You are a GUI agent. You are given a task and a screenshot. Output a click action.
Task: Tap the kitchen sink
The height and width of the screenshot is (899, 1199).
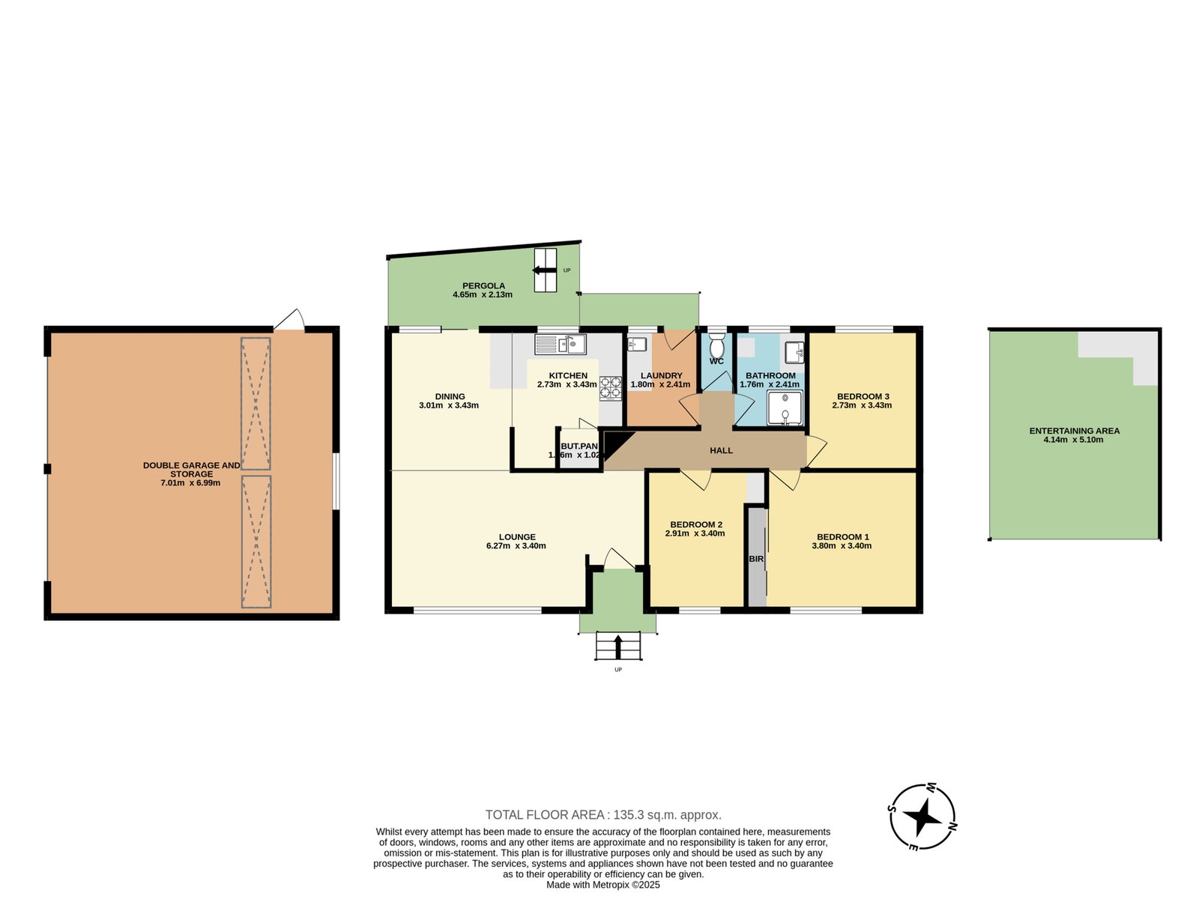click(x=560, y=345)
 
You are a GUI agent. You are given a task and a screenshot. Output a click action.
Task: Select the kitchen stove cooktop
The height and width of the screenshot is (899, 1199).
click(x=611, y=389)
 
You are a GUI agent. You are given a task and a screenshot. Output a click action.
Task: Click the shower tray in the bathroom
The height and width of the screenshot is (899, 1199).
click(x=785, y=408)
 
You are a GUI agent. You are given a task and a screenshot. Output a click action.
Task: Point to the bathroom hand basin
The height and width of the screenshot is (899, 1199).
click(x=794, y=352)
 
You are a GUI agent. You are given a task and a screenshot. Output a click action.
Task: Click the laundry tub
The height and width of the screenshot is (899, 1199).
click(x=637, y=344)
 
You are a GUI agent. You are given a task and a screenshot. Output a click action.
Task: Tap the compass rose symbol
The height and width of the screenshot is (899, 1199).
click(x=922, y=817)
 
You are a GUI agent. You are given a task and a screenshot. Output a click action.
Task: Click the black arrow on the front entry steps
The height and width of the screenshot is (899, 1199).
click(x=617, y=647)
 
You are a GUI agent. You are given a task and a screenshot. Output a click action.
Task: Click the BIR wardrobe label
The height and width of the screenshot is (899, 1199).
click(x=756, y=559)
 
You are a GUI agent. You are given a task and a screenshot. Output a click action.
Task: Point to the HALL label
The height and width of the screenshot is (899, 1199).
click(x=721, y=450)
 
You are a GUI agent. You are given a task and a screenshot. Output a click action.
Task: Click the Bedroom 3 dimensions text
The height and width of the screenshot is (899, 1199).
click(x=862, y=405)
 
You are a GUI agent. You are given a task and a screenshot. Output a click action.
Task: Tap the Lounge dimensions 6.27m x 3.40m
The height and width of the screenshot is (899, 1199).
click(x=516, y=546)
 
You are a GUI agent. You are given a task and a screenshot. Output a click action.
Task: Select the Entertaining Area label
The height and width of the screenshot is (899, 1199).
click(x=1074, y=431)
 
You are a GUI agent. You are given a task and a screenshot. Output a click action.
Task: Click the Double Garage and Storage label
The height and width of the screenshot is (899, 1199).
click(x=191, y=470)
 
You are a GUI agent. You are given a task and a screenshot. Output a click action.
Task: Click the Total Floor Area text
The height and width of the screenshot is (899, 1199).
click(x=603, y=815)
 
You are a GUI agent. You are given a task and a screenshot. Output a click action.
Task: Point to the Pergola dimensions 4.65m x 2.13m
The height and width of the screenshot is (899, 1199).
click(x=483, y=294)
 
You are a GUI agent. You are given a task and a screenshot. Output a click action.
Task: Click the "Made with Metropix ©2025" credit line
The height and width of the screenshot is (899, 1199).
click(x=603, y=885)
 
